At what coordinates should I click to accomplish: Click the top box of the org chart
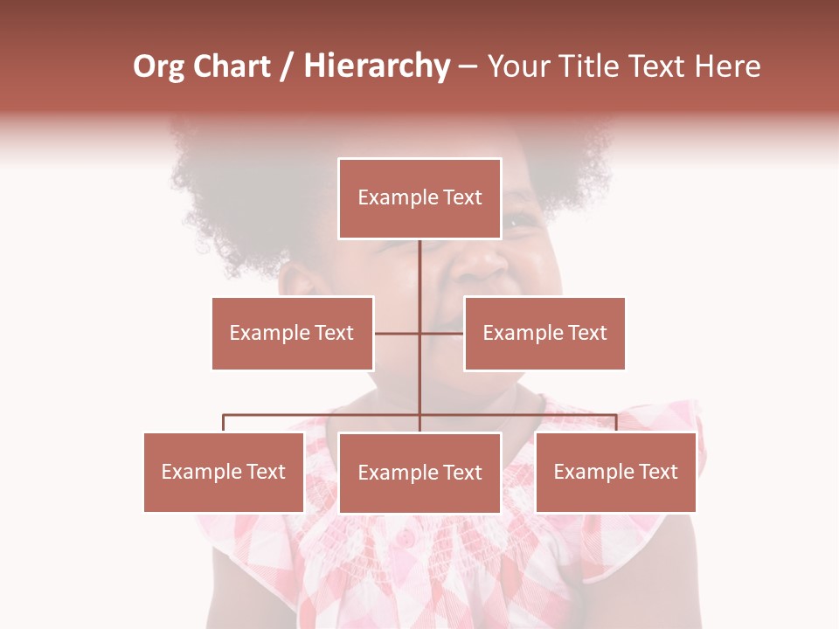point(419,198)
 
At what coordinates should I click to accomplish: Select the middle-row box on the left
point(292,333)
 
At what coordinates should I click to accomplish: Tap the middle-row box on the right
point(544,333)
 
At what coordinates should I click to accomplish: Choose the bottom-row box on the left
point(224,472)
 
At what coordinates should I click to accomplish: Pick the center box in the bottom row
point(419,473)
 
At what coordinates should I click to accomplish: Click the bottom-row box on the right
point(615,472)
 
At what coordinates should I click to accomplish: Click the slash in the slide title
point(286,67)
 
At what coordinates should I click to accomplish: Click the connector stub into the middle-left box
point(397,333)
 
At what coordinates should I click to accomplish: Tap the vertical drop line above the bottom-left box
point(224,423)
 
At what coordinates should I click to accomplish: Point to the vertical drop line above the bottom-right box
point(615,423)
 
